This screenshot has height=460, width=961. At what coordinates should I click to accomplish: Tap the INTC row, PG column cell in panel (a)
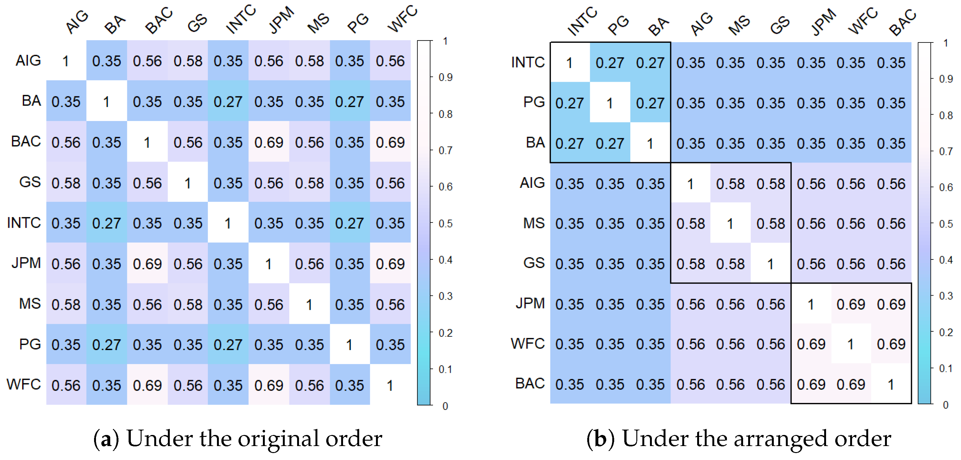point(350,223)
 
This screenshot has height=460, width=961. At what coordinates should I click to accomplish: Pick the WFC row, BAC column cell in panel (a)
point(147,385)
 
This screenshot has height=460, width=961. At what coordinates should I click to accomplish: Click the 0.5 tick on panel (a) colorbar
point(445,223)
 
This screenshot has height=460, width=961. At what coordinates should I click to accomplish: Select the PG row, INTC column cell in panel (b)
point(570,103)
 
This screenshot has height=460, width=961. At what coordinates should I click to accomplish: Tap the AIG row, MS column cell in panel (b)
point(730,183)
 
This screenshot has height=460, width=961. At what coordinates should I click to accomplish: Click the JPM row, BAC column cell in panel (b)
point(891,304)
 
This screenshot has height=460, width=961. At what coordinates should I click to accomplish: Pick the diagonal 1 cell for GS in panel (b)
point(770,264)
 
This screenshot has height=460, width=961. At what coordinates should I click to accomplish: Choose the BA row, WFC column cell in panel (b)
point(850,143)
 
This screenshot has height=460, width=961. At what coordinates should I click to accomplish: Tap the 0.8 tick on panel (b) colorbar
point(946,115)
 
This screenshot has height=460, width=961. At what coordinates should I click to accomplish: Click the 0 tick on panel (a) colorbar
point(445,406)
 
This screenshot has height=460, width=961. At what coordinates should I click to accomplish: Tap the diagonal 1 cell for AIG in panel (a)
point(66,61)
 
